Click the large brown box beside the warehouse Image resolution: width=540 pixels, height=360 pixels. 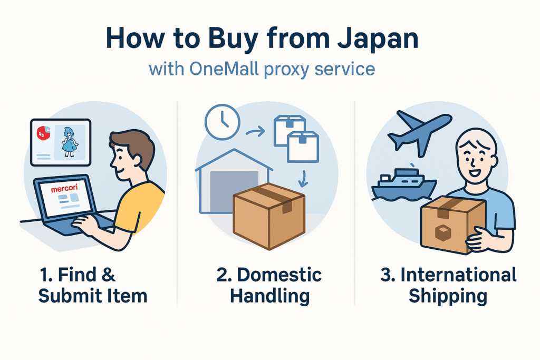(x=269, y=218)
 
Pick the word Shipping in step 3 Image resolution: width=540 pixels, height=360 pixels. (x=447, y=296)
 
